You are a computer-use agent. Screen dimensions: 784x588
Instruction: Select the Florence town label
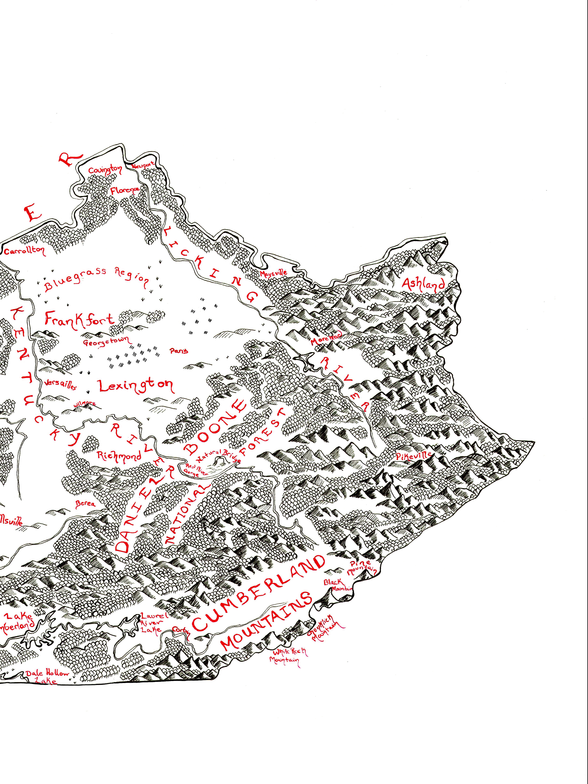click(x=125, y=190)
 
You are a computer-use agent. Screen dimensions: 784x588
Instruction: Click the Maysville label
click(x=273, y=273)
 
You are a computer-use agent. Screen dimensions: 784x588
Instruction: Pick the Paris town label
click(x=179, y=351)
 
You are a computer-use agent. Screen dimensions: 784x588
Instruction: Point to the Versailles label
click(x=61, y=385)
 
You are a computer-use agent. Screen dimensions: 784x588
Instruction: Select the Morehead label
click(x=326, y=339)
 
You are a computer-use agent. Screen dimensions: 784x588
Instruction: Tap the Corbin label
click(x=181, y=630)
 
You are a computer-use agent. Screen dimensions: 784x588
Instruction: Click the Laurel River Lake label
click(x=152, y=623)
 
